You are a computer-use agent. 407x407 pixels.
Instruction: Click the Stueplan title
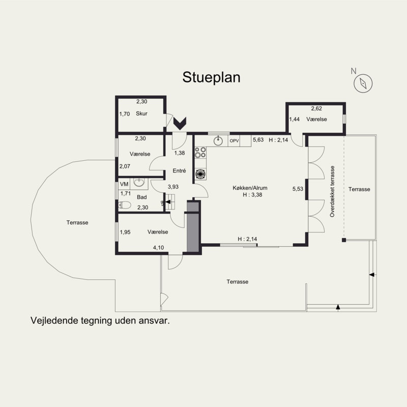coord(211,77)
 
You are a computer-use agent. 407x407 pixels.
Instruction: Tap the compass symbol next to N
coord(363,83)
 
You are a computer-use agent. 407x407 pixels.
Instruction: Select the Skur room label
coord(141,113)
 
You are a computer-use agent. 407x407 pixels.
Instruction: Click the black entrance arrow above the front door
coord(180,124)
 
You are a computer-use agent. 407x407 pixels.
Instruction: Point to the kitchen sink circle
coord(218,141)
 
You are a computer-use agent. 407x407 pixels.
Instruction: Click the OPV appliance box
coord(234,141)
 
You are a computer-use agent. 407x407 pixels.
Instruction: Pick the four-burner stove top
coord(200,152)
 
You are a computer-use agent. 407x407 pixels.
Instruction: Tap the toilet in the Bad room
coord(125,205)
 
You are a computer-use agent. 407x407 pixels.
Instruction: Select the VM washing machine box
coord(124,184)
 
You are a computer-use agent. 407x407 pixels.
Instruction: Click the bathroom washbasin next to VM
coord(139,182)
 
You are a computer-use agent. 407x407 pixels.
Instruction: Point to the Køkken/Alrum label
coord(250,188)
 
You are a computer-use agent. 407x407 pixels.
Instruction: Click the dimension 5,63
coord(258,139)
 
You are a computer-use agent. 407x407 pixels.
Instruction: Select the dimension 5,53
coord(298,189)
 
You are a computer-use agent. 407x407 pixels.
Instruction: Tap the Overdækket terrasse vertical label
coord(332,192)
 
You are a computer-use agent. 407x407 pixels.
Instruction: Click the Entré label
coord(179,170)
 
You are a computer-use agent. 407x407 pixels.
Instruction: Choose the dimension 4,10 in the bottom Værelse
coord(158,248)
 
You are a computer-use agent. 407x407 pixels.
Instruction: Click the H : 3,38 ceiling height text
coord(252,195)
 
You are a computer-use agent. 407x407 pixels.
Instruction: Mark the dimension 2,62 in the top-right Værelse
coord(316,108)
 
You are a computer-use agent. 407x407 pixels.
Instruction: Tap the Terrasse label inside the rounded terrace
coord(77,222)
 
